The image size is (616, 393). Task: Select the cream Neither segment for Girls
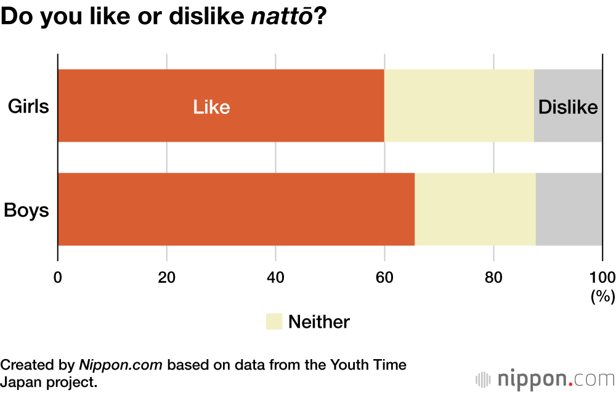459,106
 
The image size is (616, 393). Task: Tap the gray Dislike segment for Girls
568,106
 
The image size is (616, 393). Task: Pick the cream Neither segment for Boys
475,209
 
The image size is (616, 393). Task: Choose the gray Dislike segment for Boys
569,209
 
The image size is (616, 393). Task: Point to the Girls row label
28,107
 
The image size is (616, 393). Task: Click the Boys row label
26,210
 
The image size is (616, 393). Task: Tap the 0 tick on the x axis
58,277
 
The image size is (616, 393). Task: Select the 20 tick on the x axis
166,277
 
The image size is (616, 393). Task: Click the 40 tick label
275,277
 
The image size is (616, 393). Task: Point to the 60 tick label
384,277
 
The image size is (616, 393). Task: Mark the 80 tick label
493,277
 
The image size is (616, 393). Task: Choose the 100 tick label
602,277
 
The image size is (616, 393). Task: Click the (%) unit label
602,296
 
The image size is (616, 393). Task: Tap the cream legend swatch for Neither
274,321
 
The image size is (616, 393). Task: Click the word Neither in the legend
318,322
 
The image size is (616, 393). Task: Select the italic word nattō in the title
282,17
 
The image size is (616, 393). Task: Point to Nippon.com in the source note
121,365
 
